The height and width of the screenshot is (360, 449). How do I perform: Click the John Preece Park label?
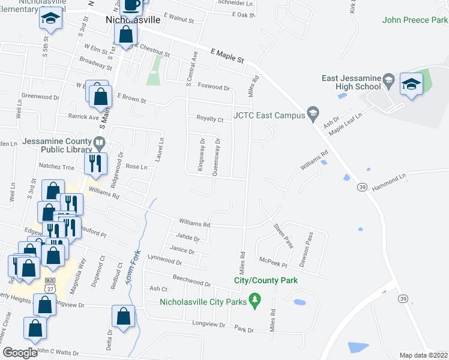point(415,20)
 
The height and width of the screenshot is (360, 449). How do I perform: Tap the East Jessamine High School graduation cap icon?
point(412,84)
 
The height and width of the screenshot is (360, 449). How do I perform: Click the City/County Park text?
point(266,280)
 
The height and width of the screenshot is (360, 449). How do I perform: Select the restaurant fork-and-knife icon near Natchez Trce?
point(95,163)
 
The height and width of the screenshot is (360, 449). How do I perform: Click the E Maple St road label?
point(228,58)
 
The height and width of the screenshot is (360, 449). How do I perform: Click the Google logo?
point(20,353)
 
